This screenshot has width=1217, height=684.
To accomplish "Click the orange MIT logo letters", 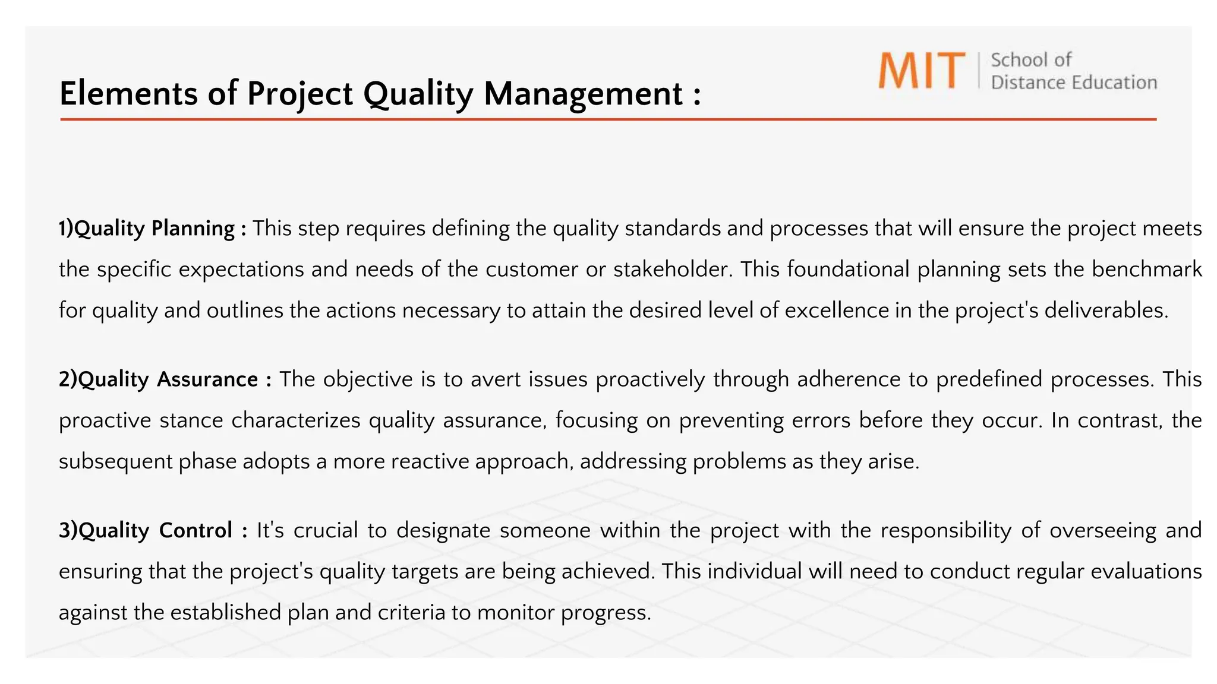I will coord(921,71).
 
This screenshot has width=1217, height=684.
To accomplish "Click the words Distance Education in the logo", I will coord(1073,83).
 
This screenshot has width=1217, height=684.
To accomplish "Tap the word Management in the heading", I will coord(583,94).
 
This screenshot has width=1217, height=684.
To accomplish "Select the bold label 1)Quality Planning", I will coord(152,229).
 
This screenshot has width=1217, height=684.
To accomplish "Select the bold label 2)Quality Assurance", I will coord(165,379).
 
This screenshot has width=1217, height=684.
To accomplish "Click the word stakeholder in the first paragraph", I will coord(671,270).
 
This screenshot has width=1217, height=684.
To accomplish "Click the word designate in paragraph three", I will coord(443,530).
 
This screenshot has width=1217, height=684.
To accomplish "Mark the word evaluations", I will coord(1146,571).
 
